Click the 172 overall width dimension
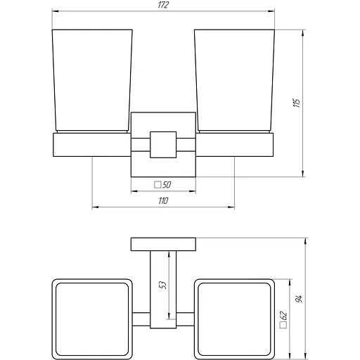click(x=162, y=6)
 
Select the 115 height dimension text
click(x=297, y=103)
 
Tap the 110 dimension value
click(x=163, y=201)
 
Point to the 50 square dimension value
click(x=168, y=186)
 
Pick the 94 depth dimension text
click(x=300, y=298)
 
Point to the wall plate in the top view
click(x=163, y=245)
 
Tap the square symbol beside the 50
click(x=157, y=186)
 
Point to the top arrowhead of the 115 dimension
click(x=303, y=32)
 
